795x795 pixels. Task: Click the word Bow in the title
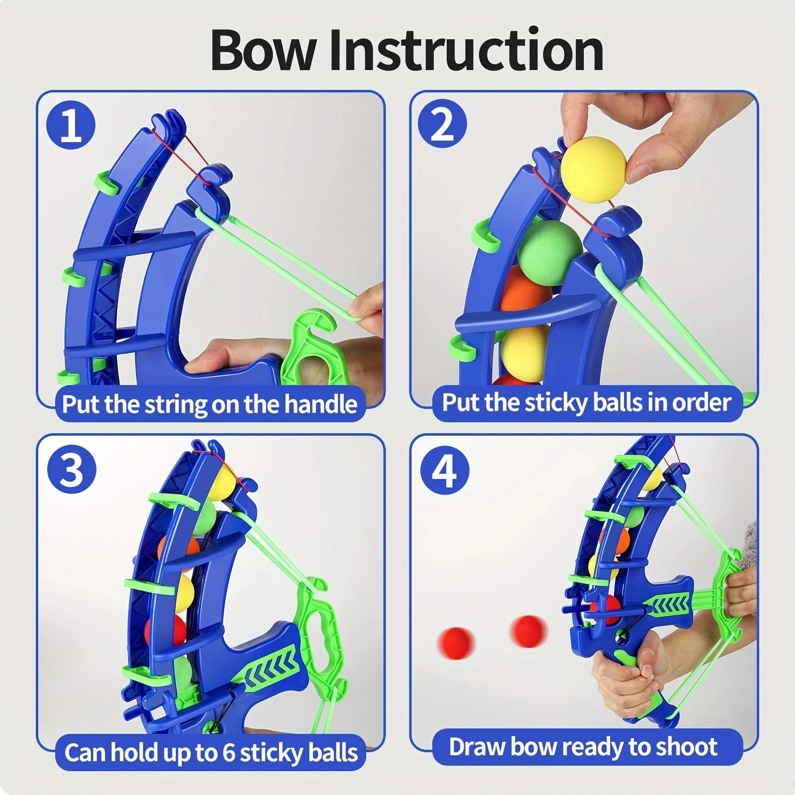(x=263, y=51)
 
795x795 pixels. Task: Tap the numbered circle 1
(x=71, y=125)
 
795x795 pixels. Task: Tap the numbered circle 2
(x=442, y=124)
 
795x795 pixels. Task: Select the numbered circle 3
(x=72, y=469)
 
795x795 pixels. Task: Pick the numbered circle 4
(x=444, y=470)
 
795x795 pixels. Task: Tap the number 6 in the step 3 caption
(x=228, y=752)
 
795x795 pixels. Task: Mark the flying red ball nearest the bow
(x=529, y=631)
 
